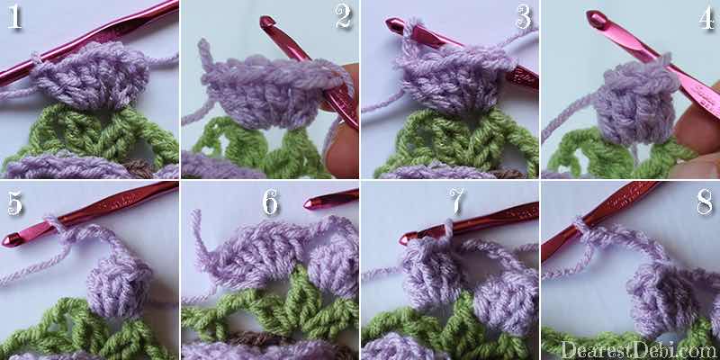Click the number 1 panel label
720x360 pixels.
(14, 18)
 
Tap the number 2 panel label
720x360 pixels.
(343, 18)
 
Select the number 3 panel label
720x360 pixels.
(523, 18)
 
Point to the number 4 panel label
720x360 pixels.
(706, 19)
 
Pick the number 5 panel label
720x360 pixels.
(14, 203)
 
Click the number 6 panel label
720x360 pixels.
(271, 202)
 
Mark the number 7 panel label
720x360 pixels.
(457, 201)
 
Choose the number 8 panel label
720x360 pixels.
(705, 202)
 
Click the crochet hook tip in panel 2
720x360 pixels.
(266, 22)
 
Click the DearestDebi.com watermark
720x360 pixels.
(640, 350)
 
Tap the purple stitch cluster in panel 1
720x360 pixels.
(92, 76)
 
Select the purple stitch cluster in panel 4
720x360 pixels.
(636, 105)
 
